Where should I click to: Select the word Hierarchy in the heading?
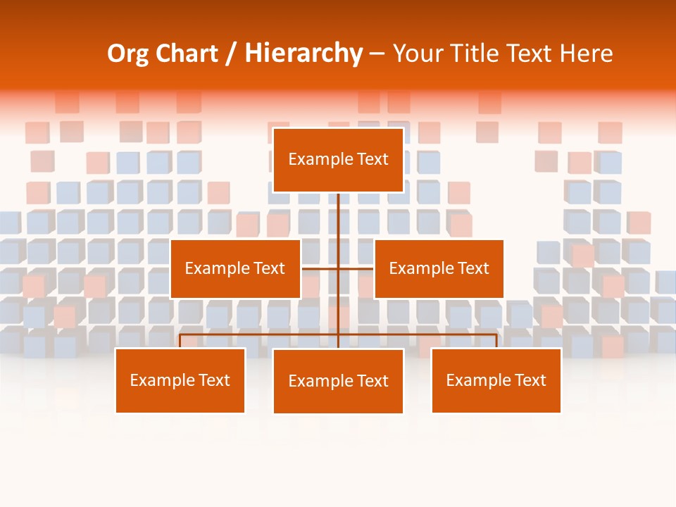[x=303, y=54]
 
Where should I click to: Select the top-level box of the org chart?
[x=338, y=160]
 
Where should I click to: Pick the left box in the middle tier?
[x=235, y=268]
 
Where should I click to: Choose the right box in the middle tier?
[x=439, y=268]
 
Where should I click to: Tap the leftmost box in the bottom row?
[x=180, y=380]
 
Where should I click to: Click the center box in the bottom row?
[x=338, y=381]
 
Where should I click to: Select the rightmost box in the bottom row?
[x=496, y=380]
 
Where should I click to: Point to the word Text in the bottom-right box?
[x=530, y=380]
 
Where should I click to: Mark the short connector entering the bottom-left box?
[x=180, y=342]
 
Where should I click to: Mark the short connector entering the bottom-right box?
[x=496, y=342]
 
